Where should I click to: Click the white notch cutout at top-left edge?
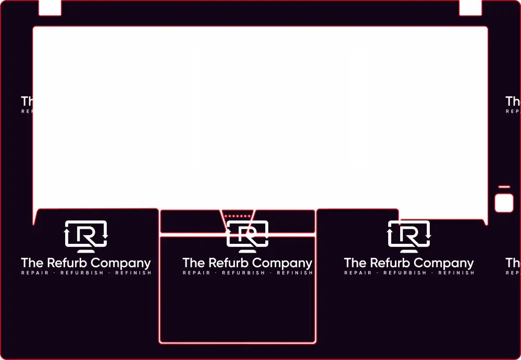pos(50,7)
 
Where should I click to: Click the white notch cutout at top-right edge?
pos(470,7)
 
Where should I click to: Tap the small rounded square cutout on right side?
pos(504,203)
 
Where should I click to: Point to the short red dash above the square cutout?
pos(504,187)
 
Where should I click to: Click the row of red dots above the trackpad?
pos(237,216)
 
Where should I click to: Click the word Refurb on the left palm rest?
pos(67,263)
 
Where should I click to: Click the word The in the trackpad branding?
pos(193,263)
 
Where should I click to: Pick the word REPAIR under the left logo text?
pos(35,273)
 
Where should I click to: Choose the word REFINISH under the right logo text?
pos(456,273)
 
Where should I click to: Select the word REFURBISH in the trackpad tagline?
pos(243,273)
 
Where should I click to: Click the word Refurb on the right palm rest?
pos(390,263)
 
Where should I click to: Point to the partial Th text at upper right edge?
pos(513,101)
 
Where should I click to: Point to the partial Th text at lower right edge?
pos(513,263)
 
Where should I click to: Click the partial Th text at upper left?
pos(27,101)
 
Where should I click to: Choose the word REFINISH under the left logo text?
pos(133,273)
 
